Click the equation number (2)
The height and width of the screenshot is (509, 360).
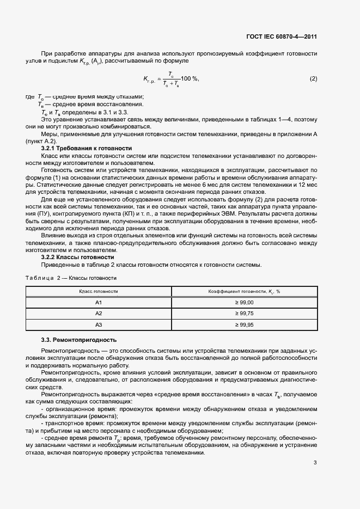coord(313,79)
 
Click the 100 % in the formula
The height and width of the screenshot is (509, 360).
coord(190,79)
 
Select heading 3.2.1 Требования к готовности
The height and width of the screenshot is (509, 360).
coord(86,148)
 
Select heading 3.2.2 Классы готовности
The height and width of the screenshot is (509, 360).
coord(77,257)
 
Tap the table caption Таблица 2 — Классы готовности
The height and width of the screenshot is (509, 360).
coord(71,278)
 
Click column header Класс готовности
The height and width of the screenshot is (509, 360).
coord(99,291)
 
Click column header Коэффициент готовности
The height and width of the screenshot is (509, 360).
coord(243,291)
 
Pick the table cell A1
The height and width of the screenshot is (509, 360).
coord(99,302)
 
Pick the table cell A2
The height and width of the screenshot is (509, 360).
coord(99,314)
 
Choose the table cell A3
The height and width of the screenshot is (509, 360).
coord(99,325)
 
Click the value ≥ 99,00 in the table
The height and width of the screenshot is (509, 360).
coord(244,302)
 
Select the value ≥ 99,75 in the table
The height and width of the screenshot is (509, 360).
coord(244,314)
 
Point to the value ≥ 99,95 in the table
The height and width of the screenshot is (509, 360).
coord(244,325)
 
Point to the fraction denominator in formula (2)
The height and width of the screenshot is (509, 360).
coord(171,84)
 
